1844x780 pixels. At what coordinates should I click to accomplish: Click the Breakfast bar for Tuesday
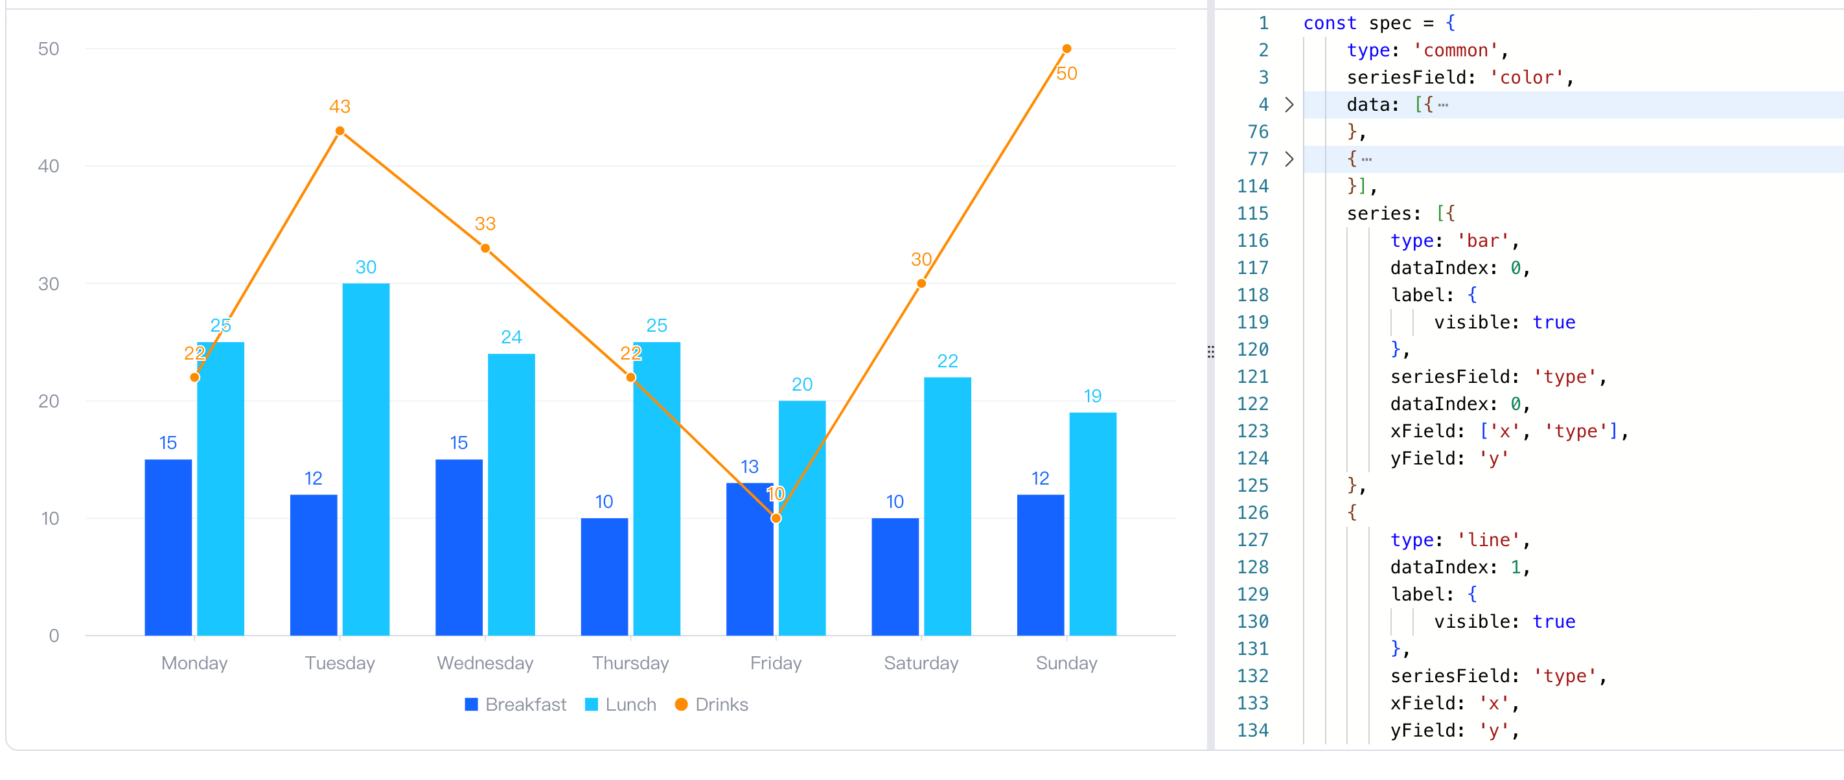314,565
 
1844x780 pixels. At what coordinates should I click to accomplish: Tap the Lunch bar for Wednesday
511,494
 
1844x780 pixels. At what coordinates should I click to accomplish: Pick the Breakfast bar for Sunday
1040,565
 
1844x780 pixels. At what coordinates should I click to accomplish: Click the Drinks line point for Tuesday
340,131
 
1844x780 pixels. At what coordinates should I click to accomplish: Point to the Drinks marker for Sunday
1066,49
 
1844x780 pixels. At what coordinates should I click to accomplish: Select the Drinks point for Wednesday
485,248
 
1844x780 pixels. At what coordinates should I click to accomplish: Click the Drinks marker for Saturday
921,283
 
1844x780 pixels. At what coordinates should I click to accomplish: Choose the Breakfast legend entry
515,705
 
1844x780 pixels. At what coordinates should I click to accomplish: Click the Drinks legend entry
711,705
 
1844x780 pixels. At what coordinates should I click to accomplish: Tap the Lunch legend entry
621,705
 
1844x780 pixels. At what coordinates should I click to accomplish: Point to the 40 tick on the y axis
49,166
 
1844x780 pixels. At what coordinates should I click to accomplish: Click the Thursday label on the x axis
630,663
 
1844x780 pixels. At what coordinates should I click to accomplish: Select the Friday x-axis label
776,663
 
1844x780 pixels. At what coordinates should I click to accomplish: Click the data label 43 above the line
340,107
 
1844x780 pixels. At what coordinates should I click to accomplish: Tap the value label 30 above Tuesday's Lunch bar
366,268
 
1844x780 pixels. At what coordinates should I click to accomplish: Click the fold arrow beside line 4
1289,104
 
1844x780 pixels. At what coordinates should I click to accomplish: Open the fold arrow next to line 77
1289,159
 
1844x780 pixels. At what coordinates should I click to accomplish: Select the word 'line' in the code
1489,540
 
